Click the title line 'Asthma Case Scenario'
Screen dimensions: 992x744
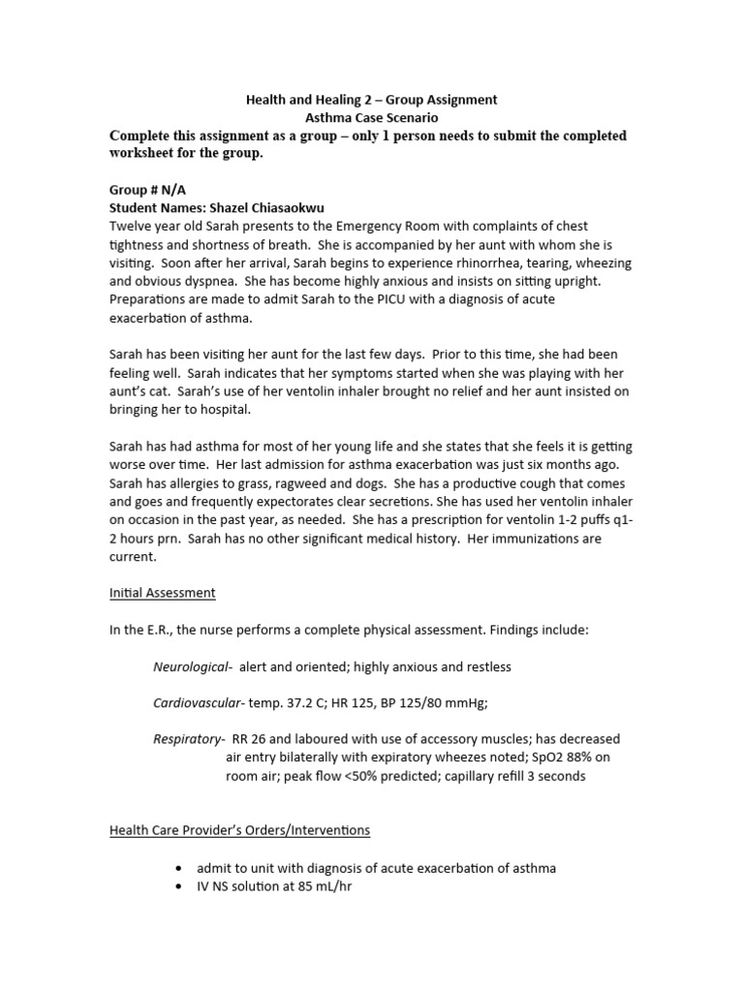(371, 116)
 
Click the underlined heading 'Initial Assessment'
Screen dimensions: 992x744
(162, 592)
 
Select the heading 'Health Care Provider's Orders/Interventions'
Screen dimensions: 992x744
(239, 830)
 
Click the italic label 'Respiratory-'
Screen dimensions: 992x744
(189, 739)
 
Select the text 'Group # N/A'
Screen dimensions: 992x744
(147, 190)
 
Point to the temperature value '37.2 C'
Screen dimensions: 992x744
(309, 702)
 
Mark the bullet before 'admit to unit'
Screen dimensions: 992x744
(183, 868)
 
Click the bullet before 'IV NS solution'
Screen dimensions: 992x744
(183, 886)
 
